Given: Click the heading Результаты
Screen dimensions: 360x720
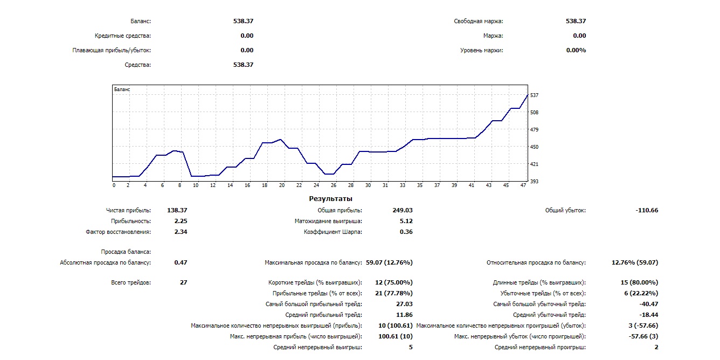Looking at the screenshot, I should (x=330, y=199).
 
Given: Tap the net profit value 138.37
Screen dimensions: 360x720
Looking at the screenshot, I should (x=178, y=210).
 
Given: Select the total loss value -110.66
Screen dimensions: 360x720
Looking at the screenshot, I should (x=647, y=210).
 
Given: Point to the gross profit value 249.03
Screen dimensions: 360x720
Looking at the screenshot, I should (x=403, y=210).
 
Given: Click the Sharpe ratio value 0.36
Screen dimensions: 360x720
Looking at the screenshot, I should (x=406, y=232).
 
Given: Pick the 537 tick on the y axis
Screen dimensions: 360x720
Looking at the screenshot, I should (x=535, y=95).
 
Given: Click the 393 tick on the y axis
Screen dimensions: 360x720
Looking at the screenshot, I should (x=535, y=182).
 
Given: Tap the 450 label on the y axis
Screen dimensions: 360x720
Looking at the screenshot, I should (x=535, y=147).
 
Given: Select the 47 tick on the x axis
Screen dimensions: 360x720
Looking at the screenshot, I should (x=523, y=185).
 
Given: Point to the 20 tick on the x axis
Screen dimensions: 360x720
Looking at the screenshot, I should (x=282, y=185).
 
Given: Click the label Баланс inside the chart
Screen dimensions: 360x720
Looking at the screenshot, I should (x=122, y=89).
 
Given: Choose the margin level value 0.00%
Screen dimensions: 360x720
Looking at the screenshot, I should (x=576, y=50).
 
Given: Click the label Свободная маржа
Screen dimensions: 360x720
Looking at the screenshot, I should (x=479, y=22).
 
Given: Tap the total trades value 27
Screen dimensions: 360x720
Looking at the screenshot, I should (x=183, y=282).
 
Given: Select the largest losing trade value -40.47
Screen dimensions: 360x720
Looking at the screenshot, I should (x=647, y=304).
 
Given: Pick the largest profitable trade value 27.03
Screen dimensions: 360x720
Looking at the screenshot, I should (x=404, y=304).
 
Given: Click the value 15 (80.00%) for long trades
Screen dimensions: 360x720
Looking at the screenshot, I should (x=639, y=282).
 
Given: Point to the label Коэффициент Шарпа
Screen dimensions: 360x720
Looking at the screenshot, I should (x=333, y=232).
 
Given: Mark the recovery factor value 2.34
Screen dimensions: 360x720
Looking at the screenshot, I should (x=181, y=232).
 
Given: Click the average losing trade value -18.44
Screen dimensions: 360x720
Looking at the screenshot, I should (x=647, y=315).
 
